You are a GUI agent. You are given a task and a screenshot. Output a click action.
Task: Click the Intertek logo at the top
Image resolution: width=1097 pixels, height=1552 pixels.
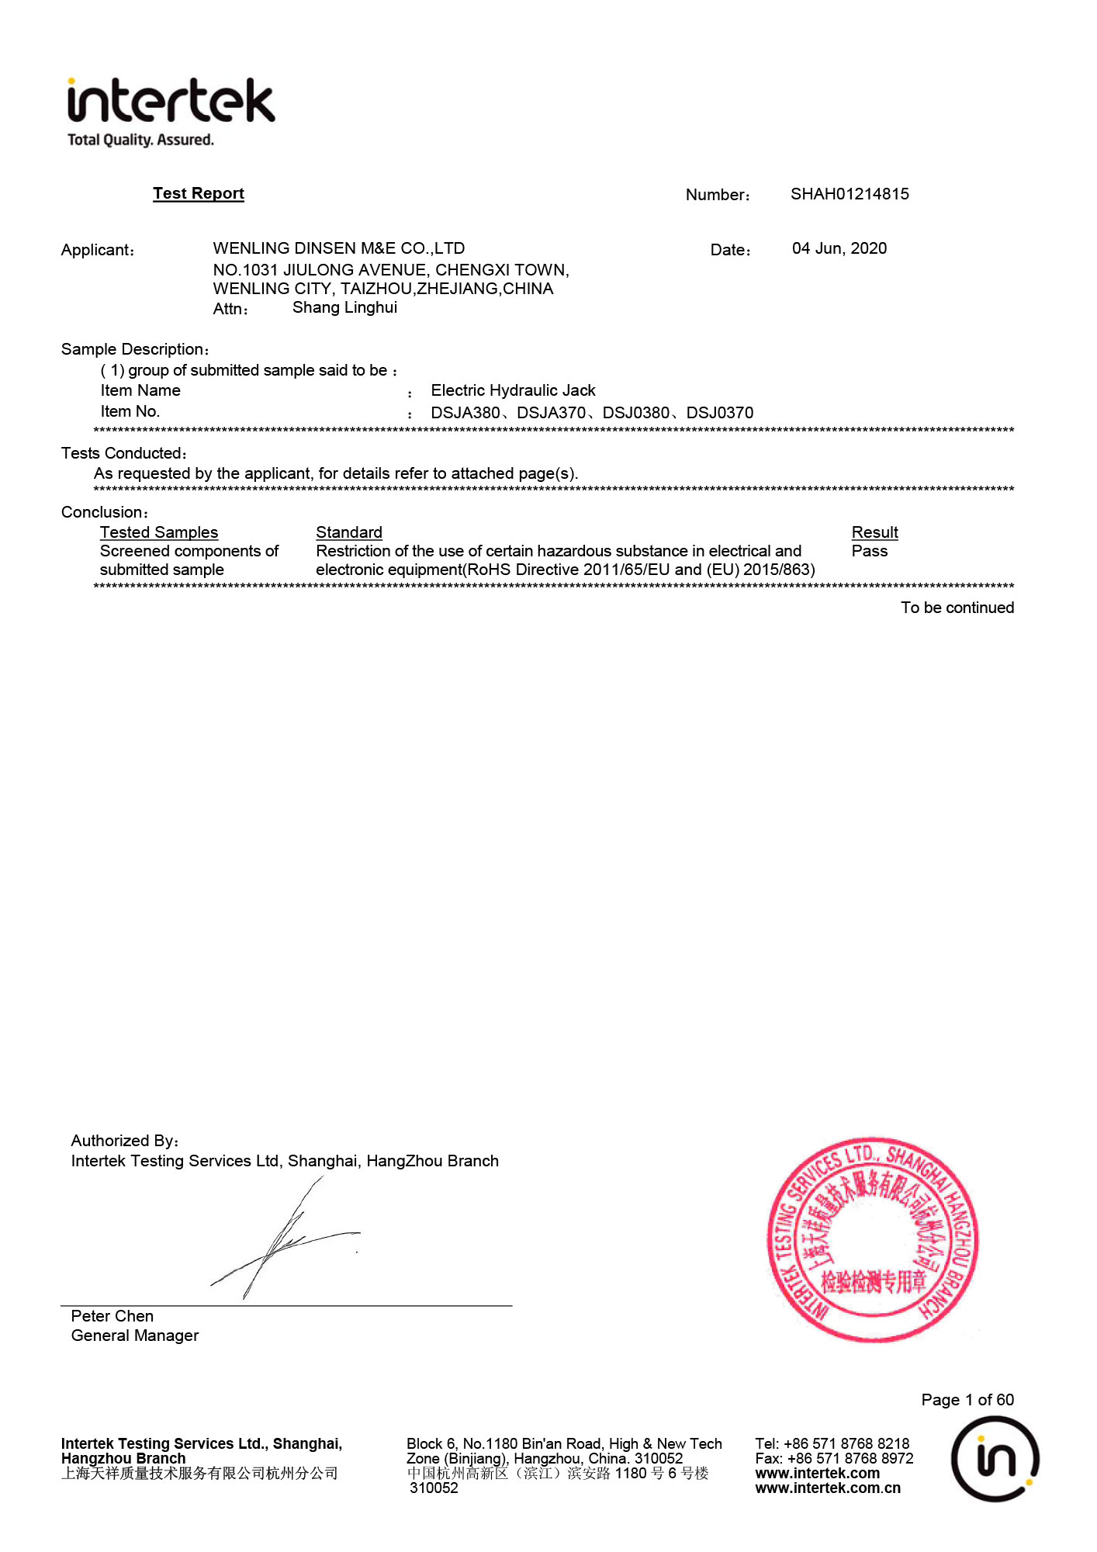point(171,110)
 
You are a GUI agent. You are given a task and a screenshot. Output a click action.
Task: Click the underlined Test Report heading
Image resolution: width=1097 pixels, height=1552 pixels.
point(198,193)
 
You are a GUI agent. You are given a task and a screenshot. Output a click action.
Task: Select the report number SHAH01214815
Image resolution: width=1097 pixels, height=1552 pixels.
point(850,194)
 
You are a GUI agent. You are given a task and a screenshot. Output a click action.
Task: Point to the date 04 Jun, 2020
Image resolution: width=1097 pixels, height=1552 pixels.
point(839,248)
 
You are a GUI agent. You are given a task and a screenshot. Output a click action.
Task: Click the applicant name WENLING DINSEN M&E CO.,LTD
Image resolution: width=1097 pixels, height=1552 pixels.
point(339,248)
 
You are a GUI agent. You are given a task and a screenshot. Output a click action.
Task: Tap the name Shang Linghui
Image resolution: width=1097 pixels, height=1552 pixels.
point(344,307)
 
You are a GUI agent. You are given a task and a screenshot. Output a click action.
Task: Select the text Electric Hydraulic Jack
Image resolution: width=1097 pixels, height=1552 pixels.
point(513,390)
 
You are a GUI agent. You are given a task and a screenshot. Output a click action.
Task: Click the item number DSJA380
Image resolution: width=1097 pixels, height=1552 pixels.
point(465,413)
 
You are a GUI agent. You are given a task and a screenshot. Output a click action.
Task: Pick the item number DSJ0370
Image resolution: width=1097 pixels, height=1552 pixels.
point(719,413)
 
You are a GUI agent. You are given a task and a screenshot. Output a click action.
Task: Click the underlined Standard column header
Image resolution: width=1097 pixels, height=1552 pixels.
point(349,532)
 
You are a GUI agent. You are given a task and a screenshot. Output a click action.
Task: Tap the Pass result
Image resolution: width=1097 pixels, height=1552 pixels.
point(869,551)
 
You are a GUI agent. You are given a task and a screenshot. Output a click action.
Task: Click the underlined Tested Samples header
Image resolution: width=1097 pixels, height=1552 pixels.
point(159,532)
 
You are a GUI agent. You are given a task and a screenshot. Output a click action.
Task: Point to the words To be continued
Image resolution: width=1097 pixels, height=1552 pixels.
point(957,608)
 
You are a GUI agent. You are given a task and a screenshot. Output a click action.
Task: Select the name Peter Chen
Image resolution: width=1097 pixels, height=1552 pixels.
point(112,1316)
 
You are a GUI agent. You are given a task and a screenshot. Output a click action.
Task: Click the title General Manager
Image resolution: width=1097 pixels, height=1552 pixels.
point(135,1335)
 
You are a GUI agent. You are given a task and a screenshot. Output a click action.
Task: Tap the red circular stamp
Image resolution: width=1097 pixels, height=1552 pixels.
point(873,1240)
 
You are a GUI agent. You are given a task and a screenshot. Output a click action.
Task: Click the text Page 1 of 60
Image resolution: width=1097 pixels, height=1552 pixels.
point(967,1400)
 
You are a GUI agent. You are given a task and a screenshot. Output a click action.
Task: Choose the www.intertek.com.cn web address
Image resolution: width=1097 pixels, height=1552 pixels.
point(828,1488)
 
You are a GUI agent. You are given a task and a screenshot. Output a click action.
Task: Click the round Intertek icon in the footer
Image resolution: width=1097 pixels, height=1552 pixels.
point(995,1459)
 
